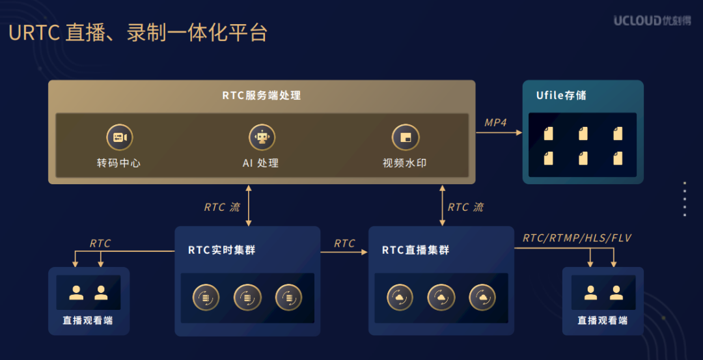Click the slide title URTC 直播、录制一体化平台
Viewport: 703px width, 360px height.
[x=138, y=33]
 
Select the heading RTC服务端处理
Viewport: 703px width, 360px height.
[x=262, y=96]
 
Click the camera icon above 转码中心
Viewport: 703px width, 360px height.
[x=119, y=137]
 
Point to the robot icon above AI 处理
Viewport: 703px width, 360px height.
[x=262, y=137]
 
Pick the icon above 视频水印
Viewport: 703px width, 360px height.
[x=405, y=137]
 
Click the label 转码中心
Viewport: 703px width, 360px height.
[x=118, y=163]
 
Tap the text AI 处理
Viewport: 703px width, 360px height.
[x=261, y=163]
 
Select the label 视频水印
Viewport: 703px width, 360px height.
[x=405, y=163]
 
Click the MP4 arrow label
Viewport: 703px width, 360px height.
[x=495, y=122]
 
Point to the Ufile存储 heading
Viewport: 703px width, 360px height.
[x=561, y=96]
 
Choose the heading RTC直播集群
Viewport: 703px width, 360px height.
[x=415, y=250]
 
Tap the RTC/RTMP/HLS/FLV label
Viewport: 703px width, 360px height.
[x=577, y=238]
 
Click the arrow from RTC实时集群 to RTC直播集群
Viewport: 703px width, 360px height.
[x=344, y=253]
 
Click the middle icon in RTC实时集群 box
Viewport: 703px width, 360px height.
[x=247, y=298]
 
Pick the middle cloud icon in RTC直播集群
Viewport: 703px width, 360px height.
[x=441, y=298]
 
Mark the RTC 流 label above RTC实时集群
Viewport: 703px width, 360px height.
[x=222, y=207]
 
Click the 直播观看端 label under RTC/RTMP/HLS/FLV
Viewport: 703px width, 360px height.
[x=603, y=320]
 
